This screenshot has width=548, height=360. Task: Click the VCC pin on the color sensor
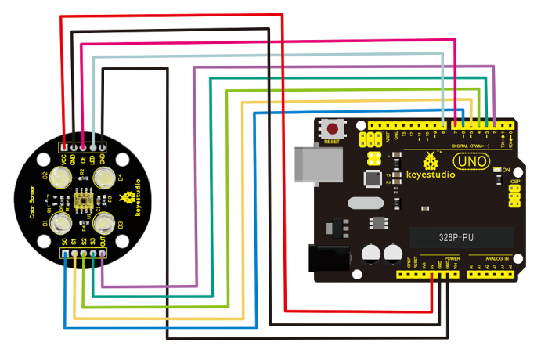coord(63,146)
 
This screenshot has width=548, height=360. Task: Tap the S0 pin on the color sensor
coord(63,254)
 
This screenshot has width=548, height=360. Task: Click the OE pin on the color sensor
coord(83,146)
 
